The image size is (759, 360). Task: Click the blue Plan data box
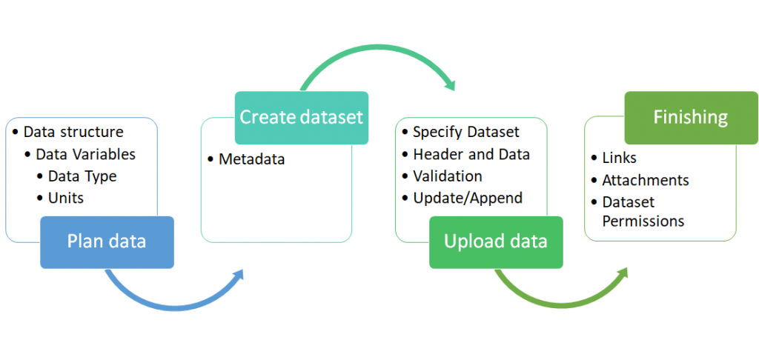107,242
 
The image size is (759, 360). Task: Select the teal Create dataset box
302,118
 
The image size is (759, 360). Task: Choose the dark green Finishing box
691,118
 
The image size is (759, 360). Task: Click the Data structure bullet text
73,132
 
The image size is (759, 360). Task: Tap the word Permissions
643,221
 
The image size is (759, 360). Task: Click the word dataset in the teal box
333,118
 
